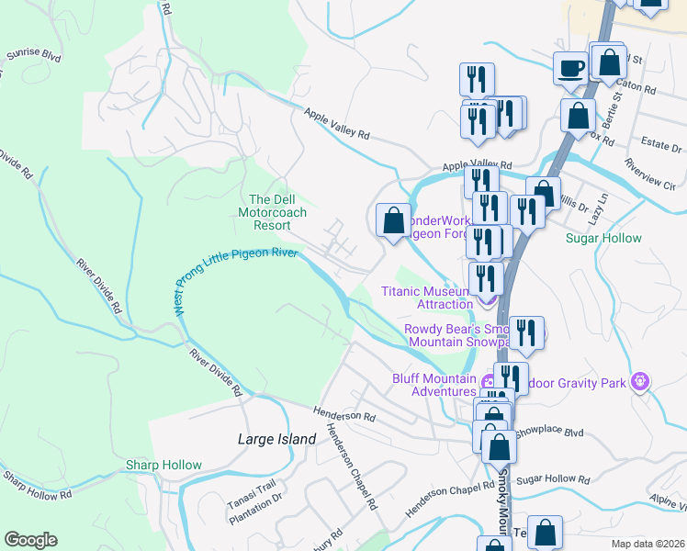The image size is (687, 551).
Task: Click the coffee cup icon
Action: click(570, 68)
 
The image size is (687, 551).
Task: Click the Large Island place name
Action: click(276, 439)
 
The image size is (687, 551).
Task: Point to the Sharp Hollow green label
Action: click(163, 465)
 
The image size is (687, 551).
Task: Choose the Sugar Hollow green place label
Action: click(603, 238)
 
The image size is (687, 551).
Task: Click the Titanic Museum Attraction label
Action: click(425, 298)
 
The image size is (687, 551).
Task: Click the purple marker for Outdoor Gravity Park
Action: click(641, 380)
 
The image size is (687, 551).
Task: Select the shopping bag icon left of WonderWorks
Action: click(393, 221)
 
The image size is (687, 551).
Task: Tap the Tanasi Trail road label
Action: click(252, 495)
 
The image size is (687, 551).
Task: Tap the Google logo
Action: click(30, 540)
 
